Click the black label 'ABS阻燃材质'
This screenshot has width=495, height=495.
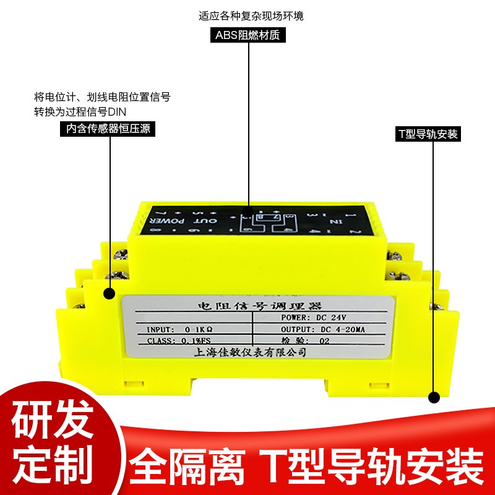click(247, 35)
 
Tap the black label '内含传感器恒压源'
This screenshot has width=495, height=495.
click(108, 129)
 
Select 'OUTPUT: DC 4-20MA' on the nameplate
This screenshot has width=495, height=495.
click(323, 329)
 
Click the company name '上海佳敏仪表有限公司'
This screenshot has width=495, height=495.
click(251, 351)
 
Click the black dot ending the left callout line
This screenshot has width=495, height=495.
click(110, 294)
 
